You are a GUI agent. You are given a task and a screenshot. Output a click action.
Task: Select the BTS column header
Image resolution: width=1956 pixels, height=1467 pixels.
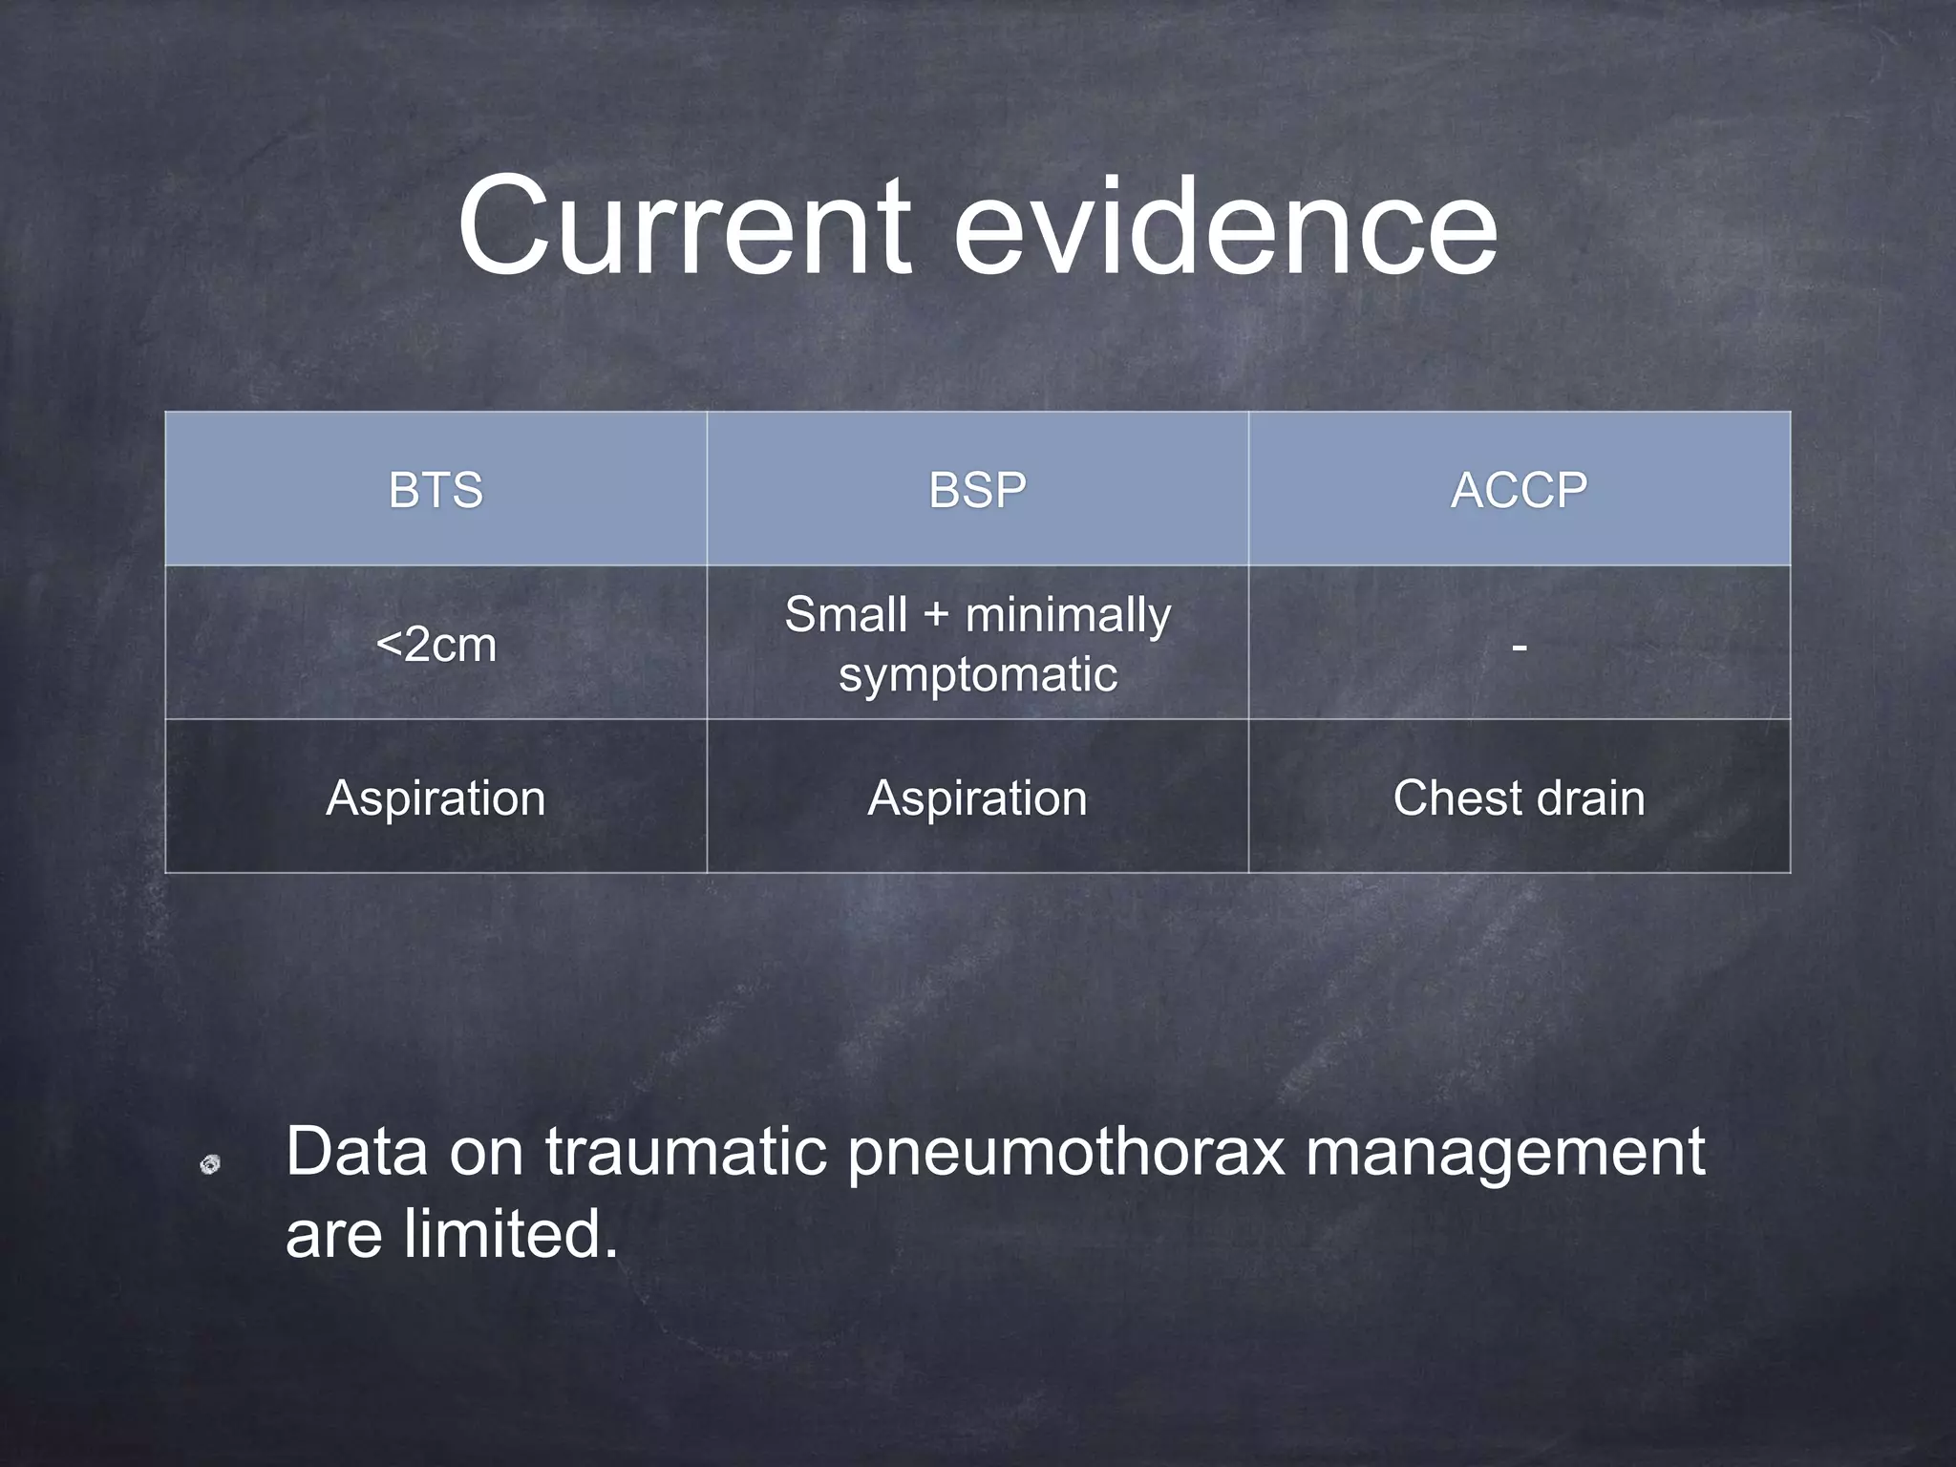(x=436, y=490)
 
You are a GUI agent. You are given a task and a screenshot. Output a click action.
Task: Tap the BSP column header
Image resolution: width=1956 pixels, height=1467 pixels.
(x=977, y=490)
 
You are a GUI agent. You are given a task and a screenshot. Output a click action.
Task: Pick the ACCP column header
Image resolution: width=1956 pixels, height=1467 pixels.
(x=1519, y=490)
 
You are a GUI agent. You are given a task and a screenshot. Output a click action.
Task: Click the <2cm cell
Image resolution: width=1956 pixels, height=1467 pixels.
(x=436, y=645)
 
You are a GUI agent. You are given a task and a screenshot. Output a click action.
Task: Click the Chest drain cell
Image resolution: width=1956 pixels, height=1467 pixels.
(x=1519, y=797)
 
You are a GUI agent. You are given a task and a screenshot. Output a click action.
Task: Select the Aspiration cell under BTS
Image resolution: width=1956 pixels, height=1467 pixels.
(x=436, y=797)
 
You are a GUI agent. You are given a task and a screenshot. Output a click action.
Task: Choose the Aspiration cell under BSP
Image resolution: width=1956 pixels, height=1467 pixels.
(x=977, y=797)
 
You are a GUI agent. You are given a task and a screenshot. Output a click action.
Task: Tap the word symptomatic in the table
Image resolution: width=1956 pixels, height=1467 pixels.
(x=977, y=675)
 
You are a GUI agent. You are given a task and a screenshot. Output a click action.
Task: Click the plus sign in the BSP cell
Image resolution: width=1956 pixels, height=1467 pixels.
(x=936, y=615)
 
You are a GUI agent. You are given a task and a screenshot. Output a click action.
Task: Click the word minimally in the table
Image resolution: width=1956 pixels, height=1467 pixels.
(x=1068, y=615)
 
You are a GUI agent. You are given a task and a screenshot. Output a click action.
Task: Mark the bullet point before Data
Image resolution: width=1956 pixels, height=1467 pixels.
(x=210, y=1163)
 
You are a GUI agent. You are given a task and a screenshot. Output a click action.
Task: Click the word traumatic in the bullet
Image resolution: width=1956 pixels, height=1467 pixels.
(x=685, y=1152)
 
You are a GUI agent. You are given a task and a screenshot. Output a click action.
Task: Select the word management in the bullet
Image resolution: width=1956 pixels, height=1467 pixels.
(x=1504, y=1152)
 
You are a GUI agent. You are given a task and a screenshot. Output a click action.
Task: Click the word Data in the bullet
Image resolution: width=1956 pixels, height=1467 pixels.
(x=356, y=1152)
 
